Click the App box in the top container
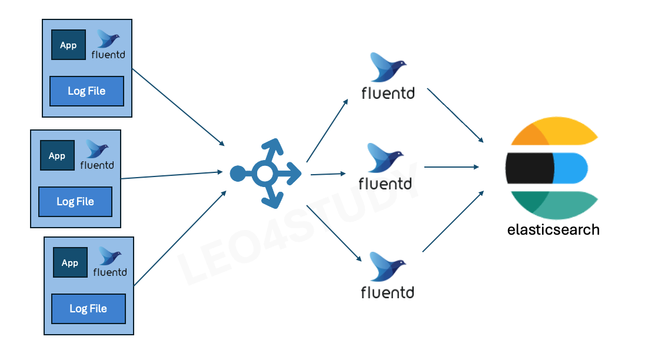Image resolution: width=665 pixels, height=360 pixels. coord(68,45)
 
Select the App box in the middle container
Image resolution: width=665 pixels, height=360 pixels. coord(57,155)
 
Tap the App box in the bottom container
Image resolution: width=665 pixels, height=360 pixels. coord(70,262)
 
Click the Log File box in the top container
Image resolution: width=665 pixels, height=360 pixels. coord(87,91)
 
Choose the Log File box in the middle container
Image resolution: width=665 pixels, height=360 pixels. coord(75,201)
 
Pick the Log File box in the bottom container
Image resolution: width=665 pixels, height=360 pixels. coord(88,308)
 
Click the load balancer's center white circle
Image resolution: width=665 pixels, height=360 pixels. coord(265,174)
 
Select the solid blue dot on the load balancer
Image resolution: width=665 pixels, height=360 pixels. coord(237,174)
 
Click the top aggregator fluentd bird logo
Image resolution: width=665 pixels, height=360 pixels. coord(387,68)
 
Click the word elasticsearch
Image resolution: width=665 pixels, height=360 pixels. coord(553,229)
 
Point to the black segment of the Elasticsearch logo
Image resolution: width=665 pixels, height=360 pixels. coord(530,167)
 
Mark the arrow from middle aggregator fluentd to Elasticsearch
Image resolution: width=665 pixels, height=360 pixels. coord(451,167)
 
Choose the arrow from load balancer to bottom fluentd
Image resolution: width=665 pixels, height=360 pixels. coord(332,232)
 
